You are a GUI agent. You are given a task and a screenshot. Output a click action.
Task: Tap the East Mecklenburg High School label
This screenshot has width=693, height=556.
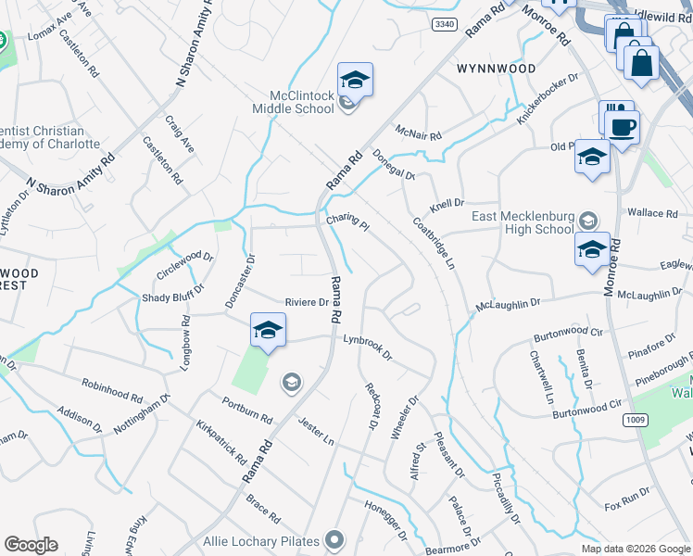[523, 222]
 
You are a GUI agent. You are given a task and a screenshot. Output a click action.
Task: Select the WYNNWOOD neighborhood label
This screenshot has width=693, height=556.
[497, 69]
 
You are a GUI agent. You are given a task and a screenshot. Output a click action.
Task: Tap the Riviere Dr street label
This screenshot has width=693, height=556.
[307, 302]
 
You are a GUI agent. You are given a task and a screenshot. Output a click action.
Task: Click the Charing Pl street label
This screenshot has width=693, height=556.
[347, 222]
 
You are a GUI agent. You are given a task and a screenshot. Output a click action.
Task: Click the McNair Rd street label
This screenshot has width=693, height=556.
[418, 133]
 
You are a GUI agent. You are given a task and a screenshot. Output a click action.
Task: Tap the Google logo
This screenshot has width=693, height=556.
[31, 545]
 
